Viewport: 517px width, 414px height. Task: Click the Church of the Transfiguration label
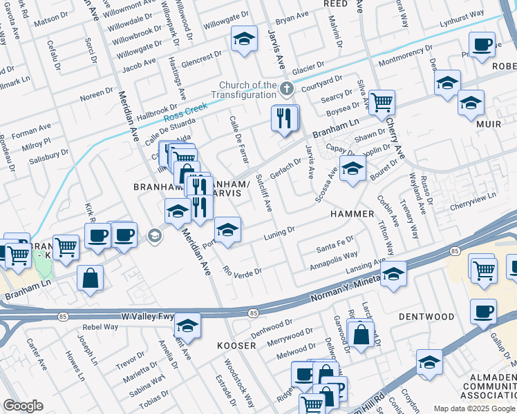pyautogui.click(x=244, y=89)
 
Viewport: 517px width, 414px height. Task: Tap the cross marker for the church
pyautogui.click(x=288, y=88)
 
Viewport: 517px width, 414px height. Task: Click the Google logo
pyautogui.click(x=23, y=406)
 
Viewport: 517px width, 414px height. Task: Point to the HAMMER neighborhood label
pyautogui.click(x=352, y=215)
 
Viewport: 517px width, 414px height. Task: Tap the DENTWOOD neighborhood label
pyautogui.click(x=426, y=317)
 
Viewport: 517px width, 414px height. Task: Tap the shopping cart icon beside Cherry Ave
pyautogui.click(x=381, y=103)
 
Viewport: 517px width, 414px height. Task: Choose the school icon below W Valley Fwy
pyautogui.click(x=187, y=326)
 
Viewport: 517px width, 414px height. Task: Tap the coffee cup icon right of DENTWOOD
pyautogui.click(x=483, y=311)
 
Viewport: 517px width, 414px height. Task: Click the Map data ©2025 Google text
pyautogui.click(x=473, y=408)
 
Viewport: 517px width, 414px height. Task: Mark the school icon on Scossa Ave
pyautogui.click(x=352, y=168)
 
